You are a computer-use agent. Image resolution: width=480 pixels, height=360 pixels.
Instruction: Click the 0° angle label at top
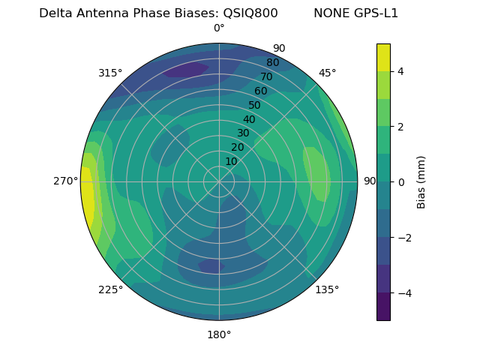(219, 28)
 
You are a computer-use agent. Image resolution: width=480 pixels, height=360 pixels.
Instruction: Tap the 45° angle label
(328, 73)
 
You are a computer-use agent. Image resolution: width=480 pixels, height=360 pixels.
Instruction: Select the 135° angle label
(327, 289)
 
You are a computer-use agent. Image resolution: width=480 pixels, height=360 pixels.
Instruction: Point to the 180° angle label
(219, 334)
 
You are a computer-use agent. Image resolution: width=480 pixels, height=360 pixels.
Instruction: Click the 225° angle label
(110, 289)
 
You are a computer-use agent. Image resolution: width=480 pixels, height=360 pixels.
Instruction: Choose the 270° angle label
(65, 181)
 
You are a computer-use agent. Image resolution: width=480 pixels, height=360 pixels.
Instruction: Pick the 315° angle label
(110, 73)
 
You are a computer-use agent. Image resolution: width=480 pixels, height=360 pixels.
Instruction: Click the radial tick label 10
(231, 161)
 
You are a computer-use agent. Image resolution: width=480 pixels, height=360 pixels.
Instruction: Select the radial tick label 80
(272, 63)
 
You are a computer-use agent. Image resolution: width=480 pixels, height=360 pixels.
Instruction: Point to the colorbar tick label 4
(401, 71)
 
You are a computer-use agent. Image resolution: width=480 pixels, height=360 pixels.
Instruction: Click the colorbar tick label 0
(401, 181)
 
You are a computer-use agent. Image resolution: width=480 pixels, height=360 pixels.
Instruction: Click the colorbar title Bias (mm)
(421, 181)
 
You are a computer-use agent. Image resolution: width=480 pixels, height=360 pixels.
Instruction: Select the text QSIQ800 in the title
(250, 13)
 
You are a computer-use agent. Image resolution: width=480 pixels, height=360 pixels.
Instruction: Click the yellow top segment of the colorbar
(383, 57)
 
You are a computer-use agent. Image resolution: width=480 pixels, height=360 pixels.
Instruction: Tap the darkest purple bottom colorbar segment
(383, 307)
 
